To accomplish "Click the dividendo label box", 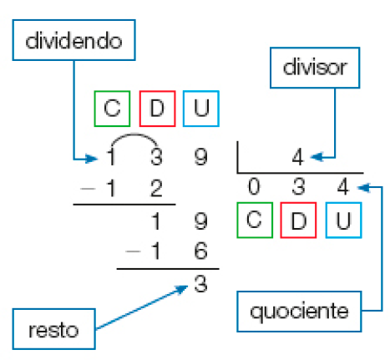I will [x=74, y=39].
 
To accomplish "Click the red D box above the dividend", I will [x=157, y=109].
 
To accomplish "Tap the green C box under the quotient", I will [x=254, y=220].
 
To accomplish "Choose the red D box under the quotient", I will [x=298, y=220].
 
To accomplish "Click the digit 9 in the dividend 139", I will [x=200, y=156].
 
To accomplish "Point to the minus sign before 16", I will [x=132, y=251].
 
